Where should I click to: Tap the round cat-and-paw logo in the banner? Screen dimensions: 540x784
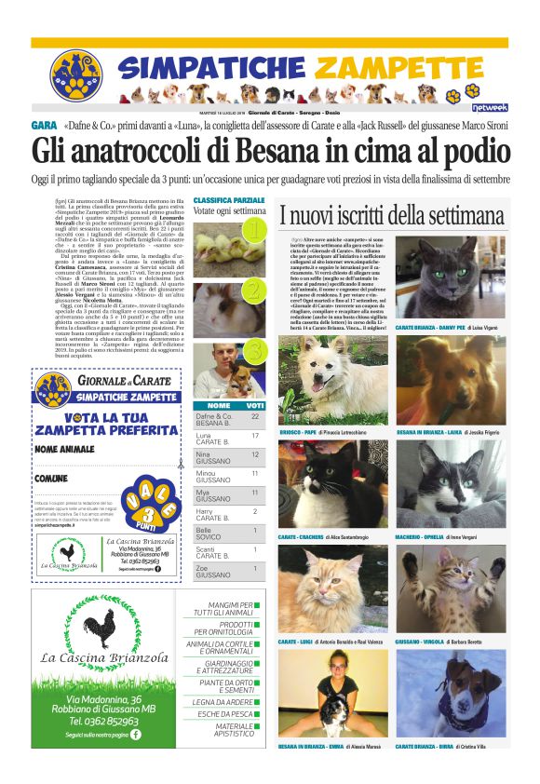pyautogui.click(x=75, y=75)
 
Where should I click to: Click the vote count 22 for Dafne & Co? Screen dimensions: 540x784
pyautogui.click(x=254, y=416)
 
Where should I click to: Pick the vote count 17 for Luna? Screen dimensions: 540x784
pyautogui.click(x=254, y=436)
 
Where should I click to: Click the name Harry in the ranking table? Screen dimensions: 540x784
pyautogui.click(x=205, y=511)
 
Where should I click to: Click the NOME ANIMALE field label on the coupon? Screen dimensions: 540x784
pyautogui.click(x=66, y=449)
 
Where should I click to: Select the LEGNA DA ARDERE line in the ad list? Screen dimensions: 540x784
pyautogui.click(x=223, y=701)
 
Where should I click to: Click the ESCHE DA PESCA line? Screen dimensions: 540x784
pyautogui.click(x=223, y=714)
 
